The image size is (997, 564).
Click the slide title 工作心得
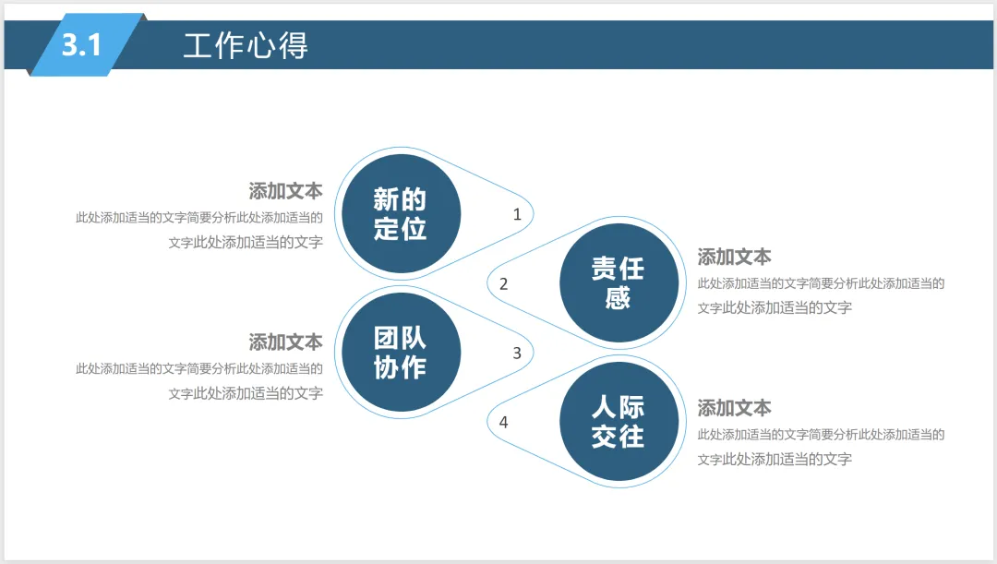tap(246, 45)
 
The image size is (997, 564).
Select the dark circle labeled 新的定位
tap(401, 213)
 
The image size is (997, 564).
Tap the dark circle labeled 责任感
tap(619, 282)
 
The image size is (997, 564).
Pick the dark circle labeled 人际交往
tap(619, 421)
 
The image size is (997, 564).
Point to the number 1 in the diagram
tap(517, 214)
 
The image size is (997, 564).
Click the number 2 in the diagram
tap(503, 283)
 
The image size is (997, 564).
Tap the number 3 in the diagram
tap(517, 353)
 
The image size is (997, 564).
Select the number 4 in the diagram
tap(503, 422)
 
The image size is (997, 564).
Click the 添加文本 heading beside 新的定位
tap(285, 191)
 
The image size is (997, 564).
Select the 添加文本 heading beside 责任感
tap(735, 257)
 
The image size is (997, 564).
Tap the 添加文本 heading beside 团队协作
tap(285, 342)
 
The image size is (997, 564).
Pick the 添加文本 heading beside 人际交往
tap(735, 408)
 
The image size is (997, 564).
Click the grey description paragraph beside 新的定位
tap(200, 230)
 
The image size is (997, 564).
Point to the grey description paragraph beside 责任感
tap(821, 295)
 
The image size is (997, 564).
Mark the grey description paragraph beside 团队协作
tap(200, 380)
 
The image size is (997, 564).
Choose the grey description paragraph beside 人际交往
tap(821, 447)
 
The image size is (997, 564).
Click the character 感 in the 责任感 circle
tap(619, 298)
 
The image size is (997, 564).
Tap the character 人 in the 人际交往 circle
tap(605, 407)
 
